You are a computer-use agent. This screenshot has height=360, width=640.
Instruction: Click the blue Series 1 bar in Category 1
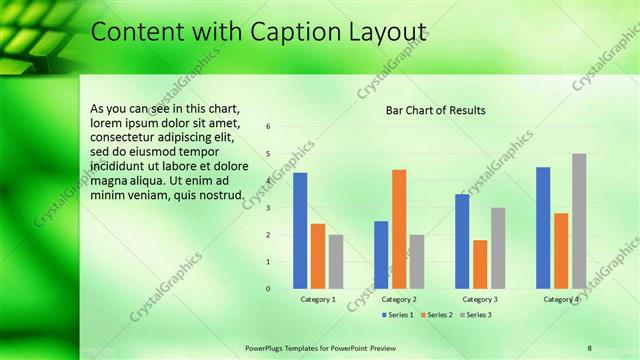pyautogui.click(x=300, y=231)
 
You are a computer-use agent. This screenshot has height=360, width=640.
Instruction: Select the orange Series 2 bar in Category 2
pyautogui.click(x=399, y=229)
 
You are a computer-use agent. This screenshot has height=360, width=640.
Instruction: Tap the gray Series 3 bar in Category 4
pyautogui.click(x=579, y=221)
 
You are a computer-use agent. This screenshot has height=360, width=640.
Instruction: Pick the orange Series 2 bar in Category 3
pyautogui.click(x=480, y=264)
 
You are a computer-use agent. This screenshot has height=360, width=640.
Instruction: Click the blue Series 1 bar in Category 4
pyautogui.click(x=543, y=228)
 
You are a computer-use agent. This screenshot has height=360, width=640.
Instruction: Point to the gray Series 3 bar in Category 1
pyautogui.click(x=336, y=262)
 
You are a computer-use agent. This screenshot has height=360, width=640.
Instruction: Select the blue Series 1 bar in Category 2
pyautogui.click(x=381, y=255)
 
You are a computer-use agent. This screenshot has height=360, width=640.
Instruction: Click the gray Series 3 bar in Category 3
pyautogui.click(x=498, y=248)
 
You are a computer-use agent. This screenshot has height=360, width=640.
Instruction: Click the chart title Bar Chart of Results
pyautogui.click(x=436, y=110)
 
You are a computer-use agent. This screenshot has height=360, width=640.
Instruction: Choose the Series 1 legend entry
pyautogui.click(x=400, y=315)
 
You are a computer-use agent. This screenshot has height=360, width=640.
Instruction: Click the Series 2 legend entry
pyautogui.click(x=437, y=315)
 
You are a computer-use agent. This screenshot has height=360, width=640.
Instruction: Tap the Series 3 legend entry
pyautogui.click(x=475, y=315)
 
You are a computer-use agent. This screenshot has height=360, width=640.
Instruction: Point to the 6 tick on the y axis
pyautogui.click(x=268, y=127)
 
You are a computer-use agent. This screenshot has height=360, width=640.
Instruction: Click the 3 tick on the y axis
pyautogui.click(x=268, y=208)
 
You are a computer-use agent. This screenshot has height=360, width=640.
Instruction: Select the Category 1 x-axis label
pyautogui.click(x=318, y=299)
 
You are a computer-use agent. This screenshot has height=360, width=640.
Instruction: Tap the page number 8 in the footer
pyautogui.click(x=589, y=346)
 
